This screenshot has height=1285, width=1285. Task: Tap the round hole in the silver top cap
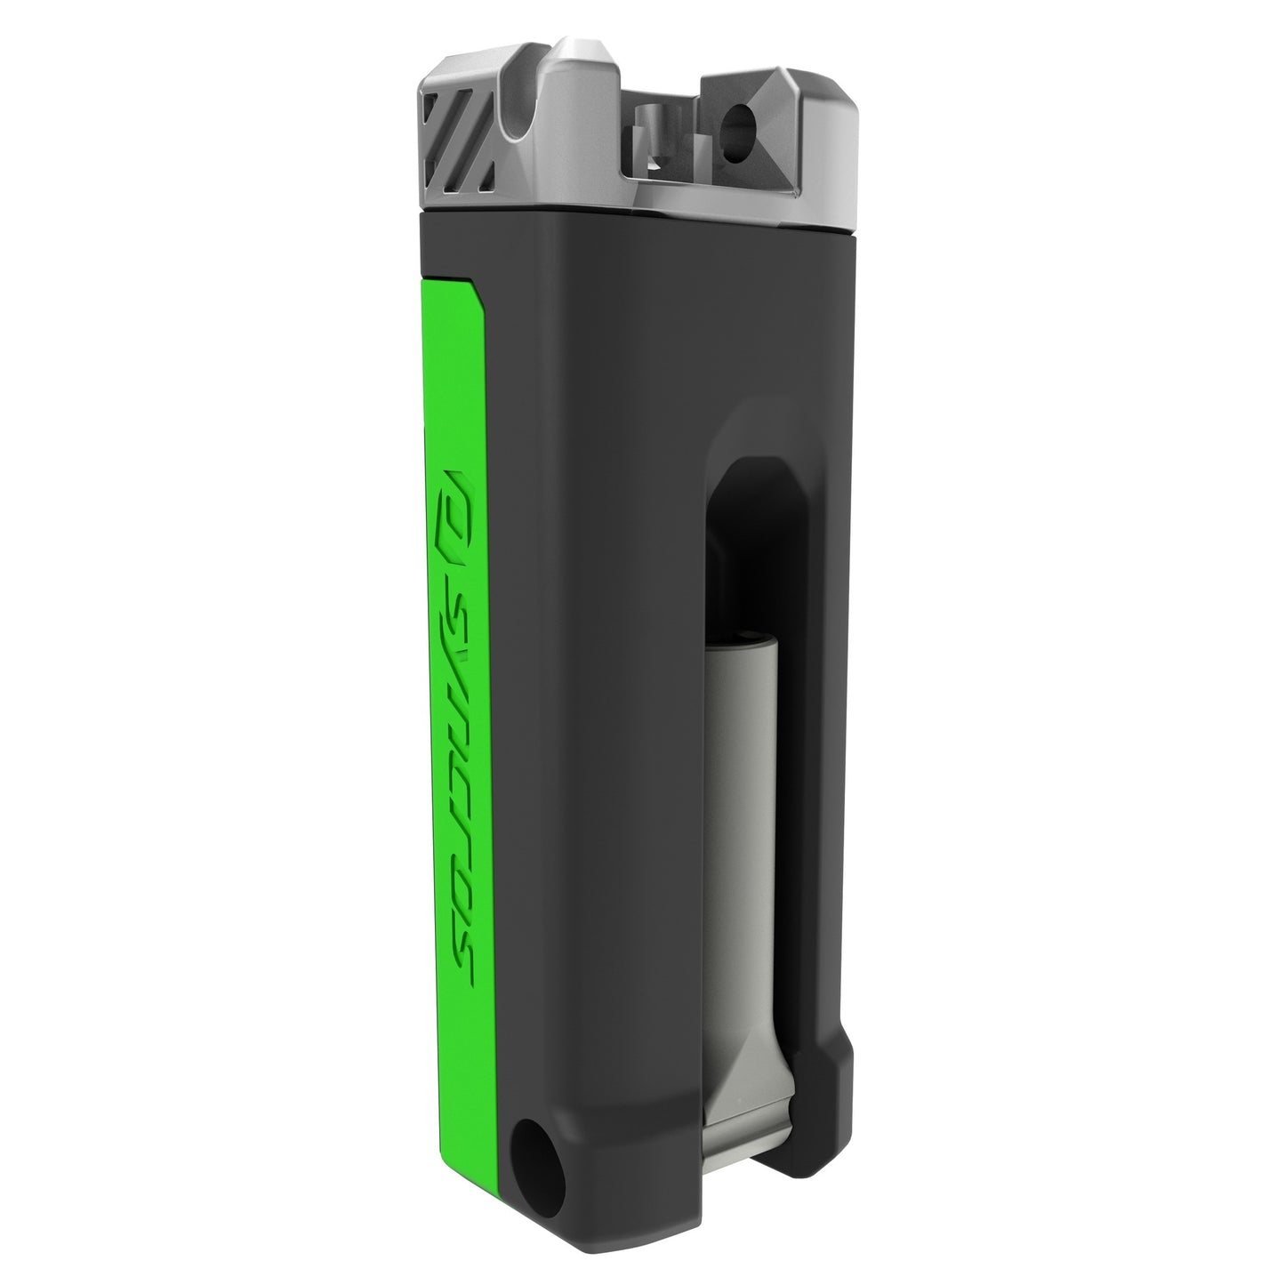737,122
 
